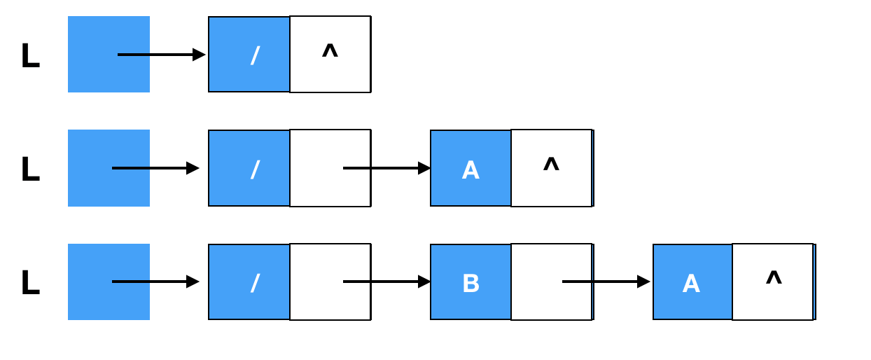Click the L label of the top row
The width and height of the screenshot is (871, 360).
pos(31,55)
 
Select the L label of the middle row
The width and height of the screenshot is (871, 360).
pos(31,169)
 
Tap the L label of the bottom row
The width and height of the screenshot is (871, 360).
pos(31,282)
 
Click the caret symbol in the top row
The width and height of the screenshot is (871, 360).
pos(330,51)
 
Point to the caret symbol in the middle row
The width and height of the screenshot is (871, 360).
pos(551,164)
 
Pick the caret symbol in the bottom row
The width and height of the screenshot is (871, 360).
pos(774,277)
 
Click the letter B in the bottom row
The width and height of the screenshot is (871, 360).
pos(471,283)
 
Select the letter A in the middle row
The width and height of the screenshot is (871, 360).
pos(471,170)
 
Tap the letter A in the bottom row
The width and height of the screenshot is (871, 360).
pos(691,284)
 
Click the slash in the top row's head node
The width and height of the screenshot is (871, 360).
pos(255,55)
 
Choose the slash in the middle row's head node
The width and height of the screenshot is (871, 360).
pos(255,169)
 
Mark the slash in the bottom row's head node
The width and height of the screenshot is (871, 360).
pos(255,283)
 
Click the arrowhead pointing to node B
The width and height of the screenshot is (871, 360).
pos(424,282)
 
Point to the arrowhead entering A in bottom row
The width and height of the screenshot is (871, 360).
pos(643,282)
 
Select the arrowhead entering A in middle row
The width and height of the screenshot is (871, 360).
pos(424,168)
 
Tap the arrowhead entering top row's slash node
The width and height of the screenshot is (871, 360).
pos(199,55)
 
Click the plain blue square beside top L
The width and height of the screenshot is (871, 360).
pos(109,54)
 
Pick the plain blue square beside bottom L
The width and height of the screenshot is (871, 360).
pos(109,282)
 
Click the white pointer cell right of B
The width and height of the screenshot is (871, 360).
pos(551,282)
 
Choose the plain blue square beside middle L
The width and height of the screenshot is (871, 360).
pos(109,168)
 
